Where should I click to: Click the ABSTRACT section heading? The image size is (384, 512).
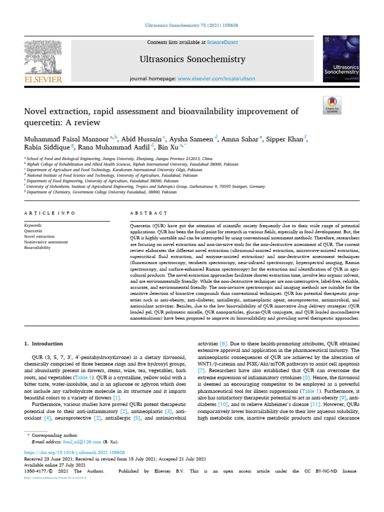[x=148, y=213]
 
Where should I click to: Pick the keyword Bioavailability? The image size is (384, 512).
[x=38, y=247]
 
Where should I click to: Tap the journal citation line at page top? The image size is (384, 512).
[x=191, y=24]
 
